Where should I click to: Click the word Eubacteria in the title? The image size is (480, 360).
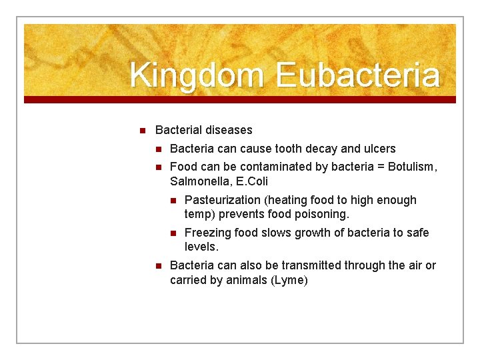[x=357, y=75]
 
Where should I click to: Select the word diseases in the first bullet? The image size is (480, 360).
[x=229, y=130]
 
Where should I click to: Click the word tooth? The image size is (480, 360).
[x=282, y=149]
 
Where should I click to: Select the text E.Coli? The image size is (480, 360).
[x=252, y=181]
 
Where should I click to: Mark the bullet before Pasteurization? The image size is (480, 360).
[x=172, y=200]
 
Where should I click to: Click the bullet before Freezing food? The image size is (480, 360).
[x=172, y=233]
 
